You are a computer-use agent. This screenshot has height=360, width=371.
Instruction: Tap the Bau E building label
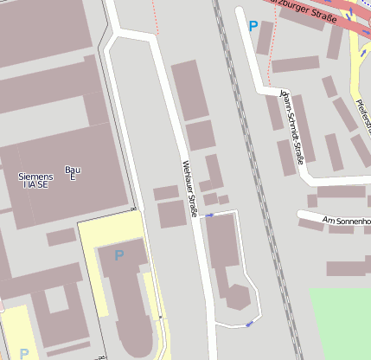point(73,173)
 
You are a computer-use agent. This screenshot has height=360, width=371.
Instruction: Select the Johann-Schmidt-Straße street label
point(292,130)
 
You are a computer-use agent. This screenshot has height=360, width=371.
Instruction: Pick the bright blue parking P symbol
point(253,27)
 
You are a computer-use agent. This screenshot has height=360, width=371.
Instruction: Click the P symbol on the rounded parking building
point(118,255)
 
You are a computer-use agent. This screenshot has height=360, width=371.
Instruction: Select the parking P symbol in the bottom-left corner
point(24,353)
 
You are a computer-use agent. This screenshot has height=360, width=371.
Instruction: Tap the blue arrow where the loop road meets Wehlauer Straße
point(209,215)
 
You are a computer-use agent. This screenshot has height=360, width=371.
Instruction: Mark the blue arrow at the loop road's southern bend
point(249,324)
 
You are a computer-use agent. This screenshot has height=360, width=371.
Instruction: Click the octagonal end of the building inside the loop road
point(235,296)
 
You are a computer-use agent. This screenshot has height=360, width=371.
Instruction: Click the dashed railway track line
point(251,173)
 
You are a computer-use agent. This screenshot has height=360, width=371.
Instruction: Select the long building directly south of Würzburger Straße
point(295,64)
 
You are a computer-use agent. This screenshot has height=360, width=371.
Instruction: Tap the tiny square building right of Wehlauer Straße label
point(223,200)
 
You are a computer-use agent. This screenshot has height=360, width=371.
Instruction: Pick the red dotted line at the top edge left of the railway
point(156,17)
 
